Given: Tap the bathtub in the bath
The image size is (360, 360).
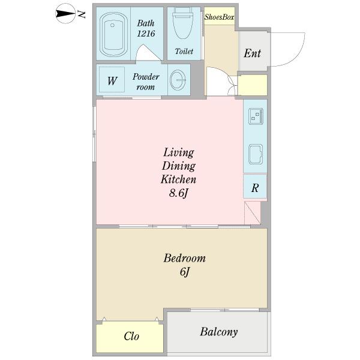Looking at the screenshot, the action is [113, 34].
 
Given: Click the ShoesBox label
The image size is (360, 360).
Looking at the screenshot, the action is [219, 17].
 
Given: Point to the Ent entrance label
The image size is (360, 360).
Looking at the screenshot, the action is [252, 53].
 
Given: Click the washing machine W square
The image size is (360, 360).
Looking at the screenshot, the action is [112, 79].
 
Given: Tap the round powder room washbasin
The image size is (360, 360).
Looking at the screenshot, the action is [178, 79].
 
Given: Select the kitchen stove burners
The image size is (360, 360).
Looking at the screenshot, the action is [256, 116].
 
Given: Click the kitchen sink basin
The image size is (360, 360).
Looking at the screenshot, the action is [256, 154].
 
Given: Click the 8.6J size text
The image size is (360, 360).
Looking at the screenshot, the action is [178, 193].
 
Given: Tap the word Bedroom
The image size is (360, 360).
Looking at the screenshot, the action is [184, 258].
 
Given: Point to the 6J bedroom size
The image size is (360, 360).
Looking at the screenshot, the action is [184, 272].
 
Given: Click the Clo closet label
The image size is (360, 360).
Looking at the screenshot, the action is [131, 337].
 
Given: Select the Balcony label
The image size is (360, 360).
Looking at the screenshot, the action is [218, 332].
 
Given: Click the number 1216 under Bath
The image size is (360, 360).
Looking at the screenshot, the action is [146, 34].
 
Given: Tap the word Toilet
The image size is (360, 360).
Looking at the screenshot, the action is [184, 51].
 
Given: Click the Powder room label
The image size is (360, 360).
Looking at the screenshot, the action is [146, 82].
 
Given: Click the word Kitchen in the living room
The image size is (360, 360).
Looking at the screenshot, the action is [178, 179].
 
